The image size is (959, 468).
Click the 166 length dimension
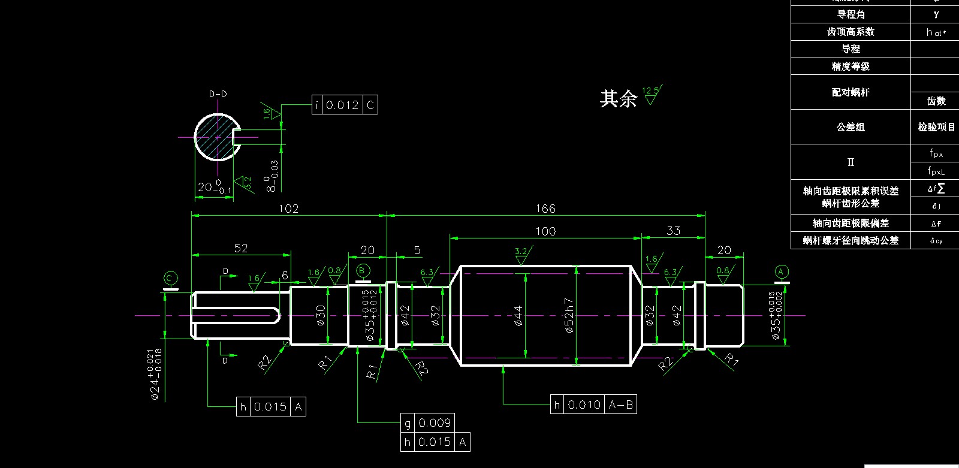(545, 209)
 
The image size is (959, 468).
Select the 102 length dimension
(288, 209)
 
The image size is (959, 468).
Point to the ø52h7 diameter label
(569, 316)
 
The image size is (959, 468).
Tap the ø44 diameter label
(518, 316)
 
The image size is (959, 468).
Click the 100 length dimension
(545, 231)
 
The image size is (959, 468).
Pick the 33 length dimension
(673, 231)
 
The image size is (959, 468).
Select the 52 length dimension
(241, 248)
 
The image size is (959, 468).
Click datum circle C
(170, 278)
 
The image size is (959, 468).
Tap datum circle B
(362, 271)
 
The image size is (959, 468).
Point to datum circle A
(781, 271)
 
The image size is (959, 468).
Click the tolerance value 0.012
(343, 105)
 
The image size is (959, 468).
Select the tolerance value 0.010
(584, 405)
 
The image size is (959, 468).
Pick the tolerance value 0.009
(435, 423)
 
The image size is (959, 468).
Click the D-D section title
(218, 94)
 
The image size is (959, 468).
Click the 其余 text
(618, 99)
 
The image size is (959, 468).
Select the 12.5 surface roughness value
(650, 91)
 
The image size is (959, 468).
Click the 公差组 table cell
(851, 127)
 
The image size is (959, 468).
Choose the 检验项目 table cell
(936, 127)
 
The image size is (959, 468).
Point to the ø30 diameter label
(321, 316)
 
